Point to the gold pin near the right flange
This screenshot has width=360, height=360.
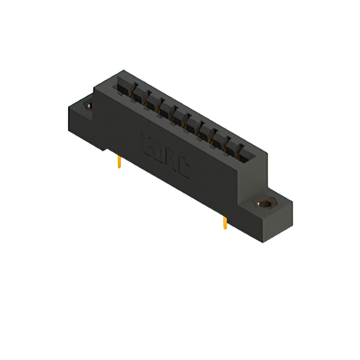[224, 223]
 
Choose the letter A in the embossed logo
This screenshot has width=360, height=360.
[170, 159]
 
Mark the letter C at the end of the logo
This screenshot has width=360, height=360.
[183, 169]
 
